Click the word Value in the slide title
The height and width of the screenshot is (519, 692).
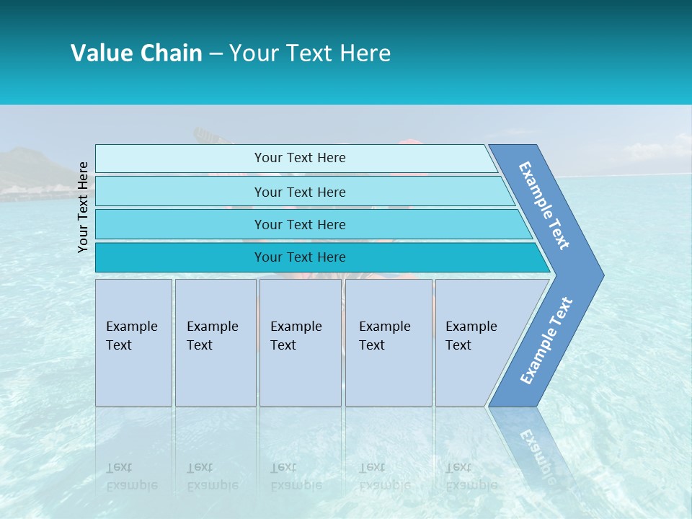(100, 53)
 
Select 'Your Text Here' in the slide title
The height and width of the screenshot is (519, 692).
(310, 53)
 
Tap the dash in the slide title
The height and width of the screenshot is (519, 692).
(216, 54)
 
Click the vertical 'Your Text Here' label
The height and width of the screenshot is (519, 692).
(83, 207)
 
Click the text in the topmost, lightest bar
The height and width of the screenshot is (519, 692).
(300, 158)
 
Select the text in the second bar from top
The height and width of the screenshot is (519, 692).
(300, 192)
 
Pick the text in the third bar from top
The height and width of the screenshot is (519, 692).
(300, 224)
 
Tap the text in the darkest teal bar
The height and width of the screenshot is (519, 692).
(300, 257)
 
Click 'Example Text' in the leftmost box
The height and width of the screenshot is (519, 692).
(131, 335)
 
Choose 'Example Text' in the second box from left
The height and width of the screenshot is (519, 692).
(212, 335)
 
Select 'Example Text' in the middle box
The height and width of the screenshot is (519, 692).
(296, 335)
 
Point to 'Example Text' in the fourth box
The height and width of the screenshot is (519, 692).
(384, 335)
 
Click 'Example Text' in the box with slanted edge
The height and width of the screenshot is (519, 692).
(471, 335)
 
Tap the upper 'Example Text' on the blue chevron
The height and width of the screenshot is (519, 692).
(544, 205)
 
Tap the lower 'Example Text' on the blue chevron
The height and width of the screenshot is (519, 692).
(546, 341)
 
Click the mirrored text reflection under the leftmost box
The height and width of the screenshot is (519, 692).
(131, 476)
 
